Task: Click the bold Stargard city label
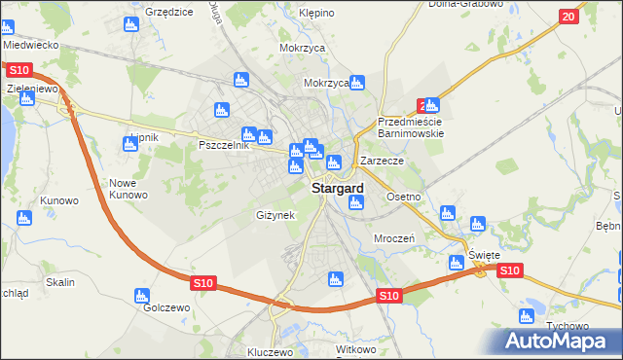pyautogui.click(x=338, y=188)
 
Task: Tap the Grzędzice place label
pyautogui.click(x=169, y=12)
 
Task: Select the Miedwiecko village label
pyautogui.click(x=31, y=45)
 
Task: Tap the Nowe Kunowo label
pyautogui.click(x=128, y=189)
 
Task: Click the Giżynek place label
pyautogui.click(x=275, y=214)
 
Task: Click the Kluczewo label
pyautogui.click(x=271, y=352)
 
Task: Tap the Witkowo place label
pyautogui.click(x=355, y=348)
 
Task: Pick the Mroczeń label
pyautogui.click(x=395, y=237)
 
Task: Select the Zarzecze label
pyautogui.click(x=382, y=160)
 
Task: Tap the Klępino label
pyautogui.click(x=317, y=14)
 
